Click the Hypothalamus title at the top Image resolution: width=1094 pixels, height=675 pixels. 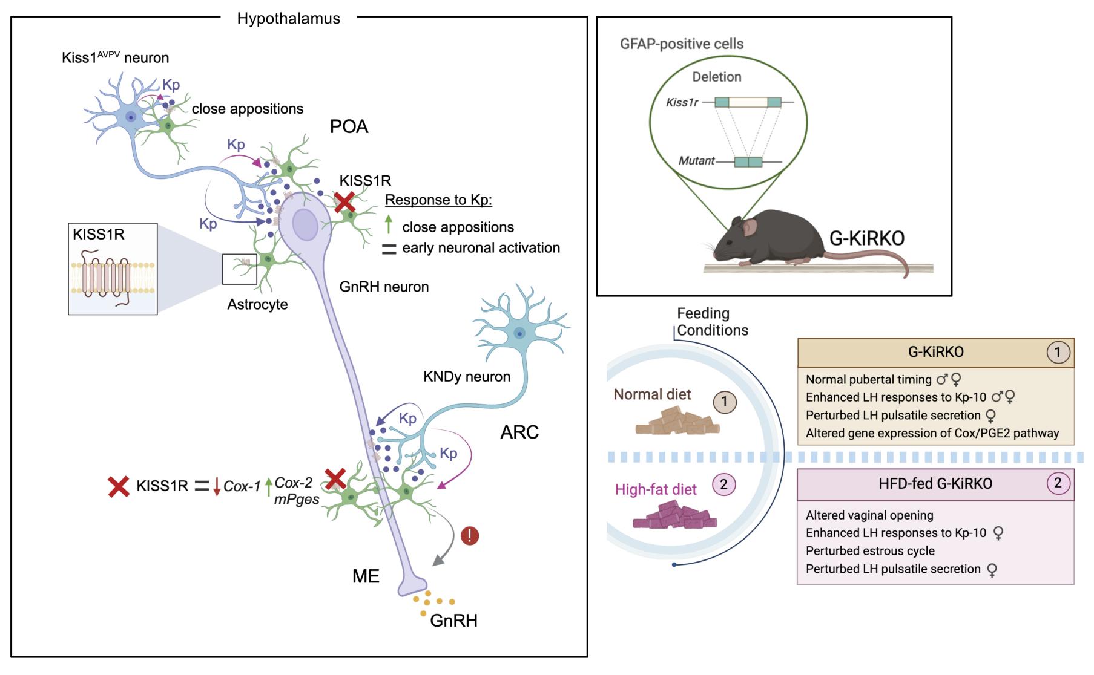point(288,19)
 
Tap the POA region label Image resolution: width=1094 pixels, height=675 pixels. point(349,126)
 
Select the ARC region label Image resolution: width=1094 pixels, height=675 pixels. point(519,432)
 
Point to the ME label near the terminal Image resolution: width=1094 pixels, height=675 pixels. point(366,576)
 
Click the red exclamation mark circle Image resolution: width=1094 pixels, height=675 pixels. point(470,535)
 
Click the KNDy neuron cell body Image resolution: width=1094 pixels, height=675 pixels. point(519,332)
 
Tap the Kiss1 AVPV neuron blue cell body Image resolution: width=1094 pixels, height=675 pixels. point(130,117)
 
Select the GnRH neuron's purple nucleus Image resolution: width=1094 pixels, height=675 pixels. point(305,226)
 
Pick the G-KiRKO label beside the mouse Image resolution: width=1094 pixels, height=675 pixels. point(866,238)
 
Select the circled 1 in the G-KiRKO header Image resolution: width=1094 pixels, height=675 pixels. point(1058,352)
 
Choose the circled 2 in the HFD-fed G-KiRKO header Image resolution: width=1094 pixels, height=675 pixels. point(1058,483)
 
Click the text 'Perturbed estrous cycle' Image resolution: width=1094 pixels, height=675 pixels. point(870,551)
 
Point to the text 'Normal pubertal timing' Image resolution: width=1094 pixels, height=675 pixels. point(868,380)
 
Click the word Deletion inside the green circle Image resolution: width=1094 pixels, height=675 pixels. point(717,77)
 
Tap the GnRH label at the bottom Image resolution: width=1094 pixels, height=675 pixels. point(454,621)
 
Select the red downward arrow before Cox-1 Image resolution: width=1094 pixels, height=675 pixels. point(217,486)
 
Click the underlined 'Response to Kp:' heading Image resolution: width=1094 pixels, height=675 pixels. point(438,200)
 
